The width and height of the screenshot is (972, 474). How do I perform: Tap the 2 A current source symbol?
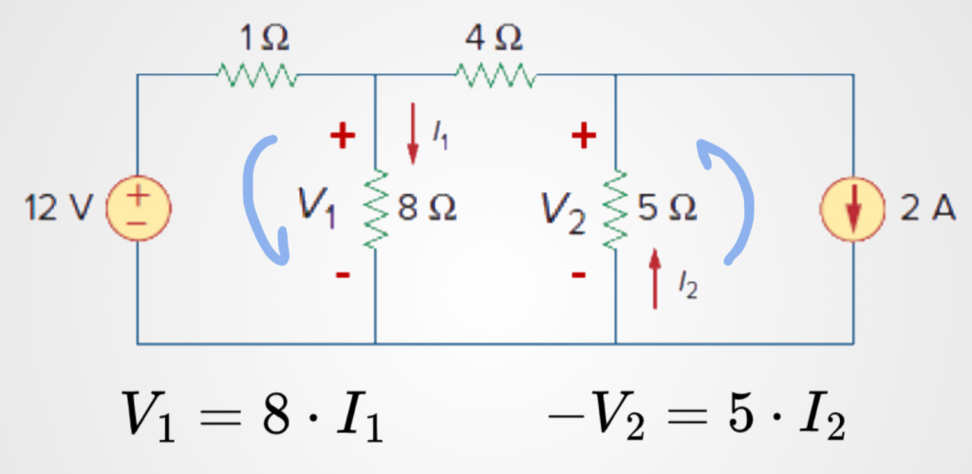point(853,209)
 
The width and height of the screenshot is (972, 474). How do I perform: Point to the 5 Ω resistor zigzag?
point(616,210)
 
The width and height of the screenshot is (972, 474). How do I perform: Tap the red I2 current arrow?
point(655,277)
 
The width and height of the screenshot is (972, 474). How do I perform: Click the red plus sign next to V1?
point(343,138)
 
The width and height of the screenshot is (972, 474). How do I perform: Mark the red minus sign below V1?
point(343,275)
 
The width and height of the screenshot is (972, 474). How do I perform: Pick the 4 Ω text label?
point(494,39)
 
